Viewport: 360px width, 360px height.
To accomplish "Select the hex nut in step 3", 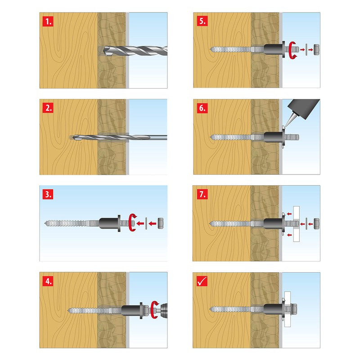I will tap(160, 223).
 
